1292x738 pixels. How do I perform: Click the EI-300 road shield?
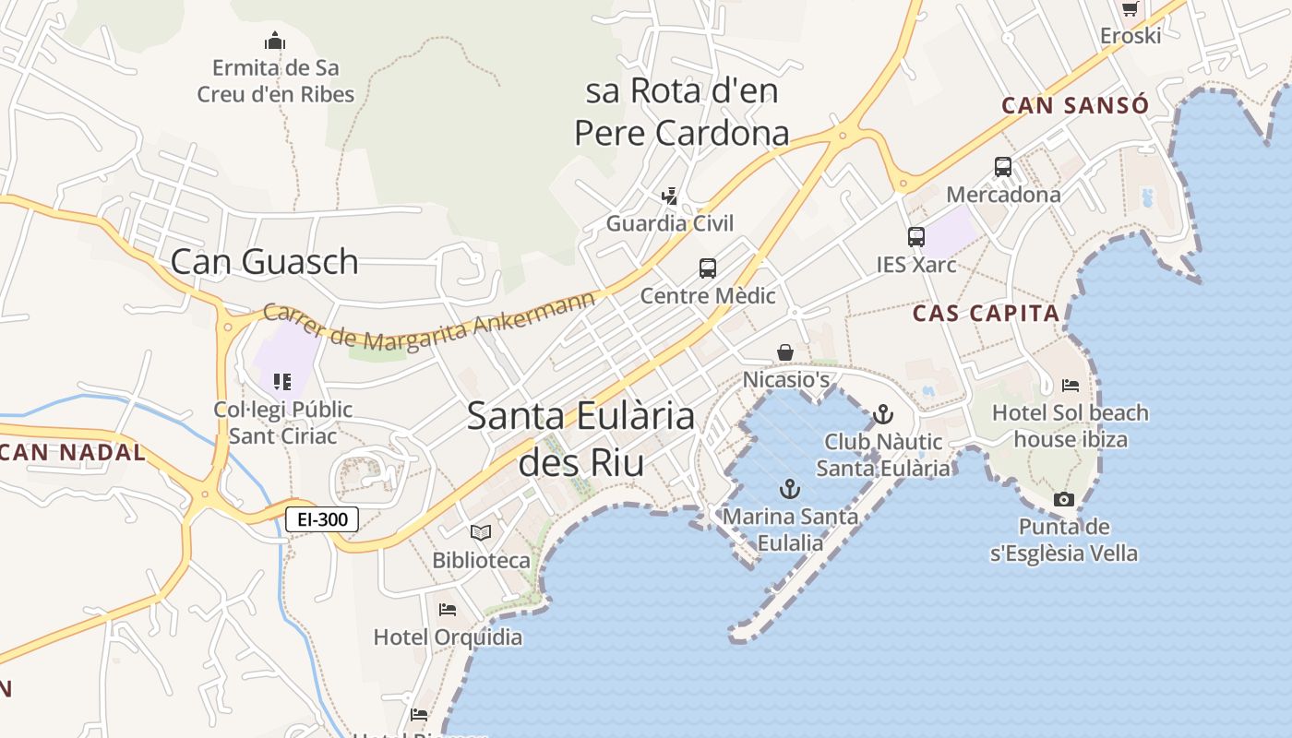(x=322, y=519)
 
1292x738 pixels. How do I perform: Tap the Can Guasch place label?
(x=264, y=261)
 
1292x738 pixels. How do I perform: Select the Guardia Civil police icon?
(x=670, y=196)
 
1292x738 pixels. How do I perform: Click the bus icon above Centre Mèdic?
(x=708, y=268)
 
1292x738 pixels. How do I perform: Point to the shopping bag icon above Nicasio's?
(x=785, y=352)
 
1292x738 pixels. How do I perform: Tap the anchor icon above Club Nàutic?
(x=883, y=414)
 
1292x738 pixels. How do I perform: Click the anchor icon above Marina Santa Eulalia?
(x=790, y=489)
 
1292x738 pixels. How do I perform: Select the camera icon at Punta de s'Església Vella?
(x=1064, y=499)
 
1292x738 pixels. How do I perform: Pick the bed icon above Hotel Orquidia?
(x=448, y=610)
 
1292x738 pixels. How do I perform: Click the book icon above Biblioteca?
(x=481, y=532)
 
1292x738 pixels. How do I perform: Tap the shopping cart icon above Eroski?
(x=1130, y=8)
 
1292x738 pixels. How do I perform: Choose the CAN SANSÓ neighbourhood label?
(x=1075, y=105)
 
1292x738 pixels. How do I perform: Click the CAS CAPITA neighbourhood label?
(x=987, y=314)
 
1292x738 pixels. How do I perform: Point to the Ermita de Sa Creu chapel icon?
(x=274, y=41)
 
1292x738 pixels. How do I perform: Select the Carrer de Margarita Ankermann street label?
(x=429, y=327)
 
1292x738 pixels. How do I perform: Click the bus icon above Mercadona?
(x=1003, y=167)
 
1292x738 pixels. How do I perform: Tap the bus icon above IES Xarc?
(x=915, y=237)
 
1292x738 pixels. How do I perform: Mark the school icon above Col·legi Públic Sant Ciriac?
(x=282, y=381)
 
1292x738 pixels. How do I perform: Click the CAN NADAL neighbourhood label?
(x=73, y=452)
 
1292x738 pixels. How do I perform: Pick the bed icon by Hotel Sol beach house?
(x=1071, y=385)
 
